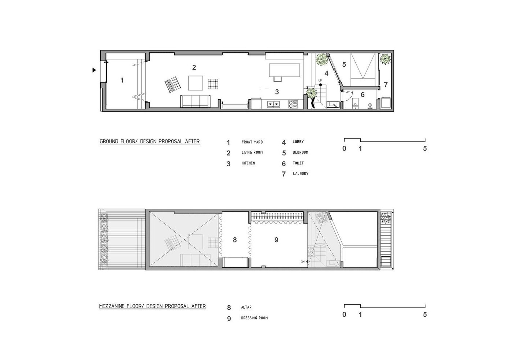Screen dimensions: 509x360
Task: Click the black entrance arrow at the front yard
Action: coord(94,70)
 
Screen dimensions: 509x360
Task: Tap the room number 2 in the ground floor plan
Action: coord(194,67)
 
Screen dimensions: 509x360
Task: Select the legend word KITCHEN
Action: coord(248,163)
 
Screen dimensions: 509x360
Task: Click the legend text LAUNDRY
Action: coord(301,174)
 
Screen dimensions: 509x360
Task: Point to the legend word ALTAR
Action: coord(246,307)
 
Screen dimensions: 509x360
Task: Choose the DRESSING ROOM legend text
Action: coord(254,318)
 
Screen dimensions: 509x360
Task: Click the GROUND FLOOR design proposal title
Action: coord(149,141)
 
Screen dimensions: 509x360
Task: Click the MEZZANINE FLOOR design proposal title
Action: coord(152,306)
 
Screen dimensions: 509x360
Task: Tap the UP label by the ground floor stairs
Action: coord(320,81)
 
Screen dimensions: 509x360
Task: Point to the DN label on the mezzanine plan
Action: coord(302,262)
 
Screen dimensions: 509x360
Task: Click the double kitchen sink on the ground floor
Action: coord(274,104)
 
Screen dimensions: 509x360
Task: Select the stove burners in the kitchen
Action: coord(293,104)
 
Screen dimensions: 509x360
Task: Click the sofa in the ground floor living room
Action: coord(196,101)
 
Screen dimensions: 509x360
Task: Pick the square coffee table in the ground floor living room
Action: coord(196,83)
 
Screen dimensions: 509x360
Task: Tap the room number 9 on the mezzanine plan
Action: coord(276,240)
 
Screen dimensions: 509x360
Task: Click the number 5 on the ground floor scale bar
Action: coord(425,149)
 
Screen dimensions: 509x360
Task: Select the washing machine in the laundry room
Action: coord(386,103)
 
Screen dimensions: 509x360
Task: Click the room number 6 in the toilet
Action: coord(363,94)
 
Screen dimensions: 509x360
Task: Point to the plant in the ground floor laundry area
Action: coord(385,59)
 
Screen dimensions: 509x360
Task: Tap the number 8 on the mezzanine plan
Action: coord(235,240)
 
